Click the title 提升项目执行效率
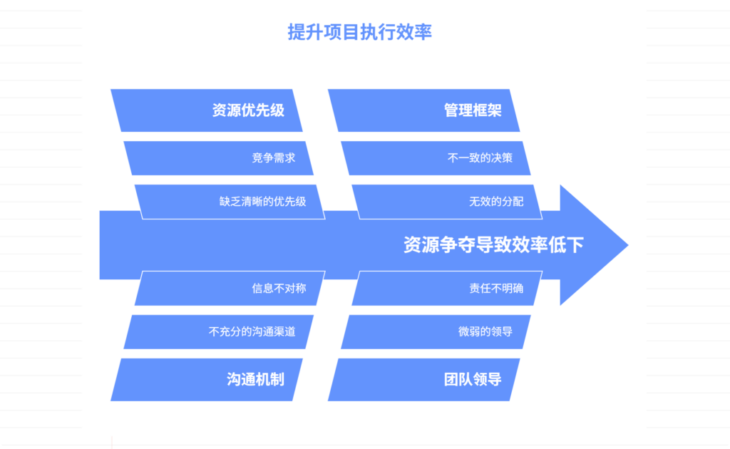click(359, 32)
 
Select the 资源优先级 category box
click(207, 110)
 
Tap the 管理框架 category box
click(424, 110)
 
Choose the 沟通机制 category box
click(207, 379)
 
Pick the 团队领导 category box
click(424, 379)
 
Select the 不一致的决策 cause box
click(437, 158)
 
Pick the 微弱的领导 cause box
click(437, 331)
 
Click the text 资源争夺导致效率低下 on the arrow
click(493, 245)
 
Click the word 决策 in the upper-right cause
click(501, 158)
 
